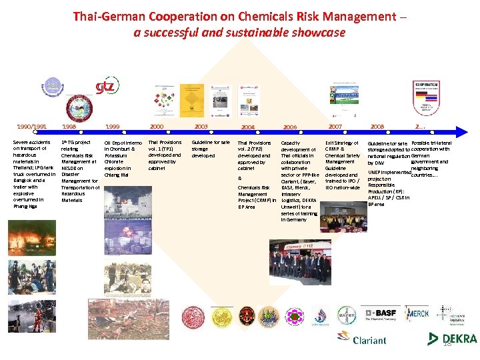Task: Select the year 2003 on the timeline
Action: tap(201, 126)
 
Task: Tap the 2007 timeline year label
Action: tap(334, 126)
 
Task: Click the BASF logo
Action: tap(379, 313)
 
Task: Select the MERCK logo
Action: tap(417, 313)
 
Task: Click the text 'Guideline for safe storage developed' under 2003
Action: tap(210, 149)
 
